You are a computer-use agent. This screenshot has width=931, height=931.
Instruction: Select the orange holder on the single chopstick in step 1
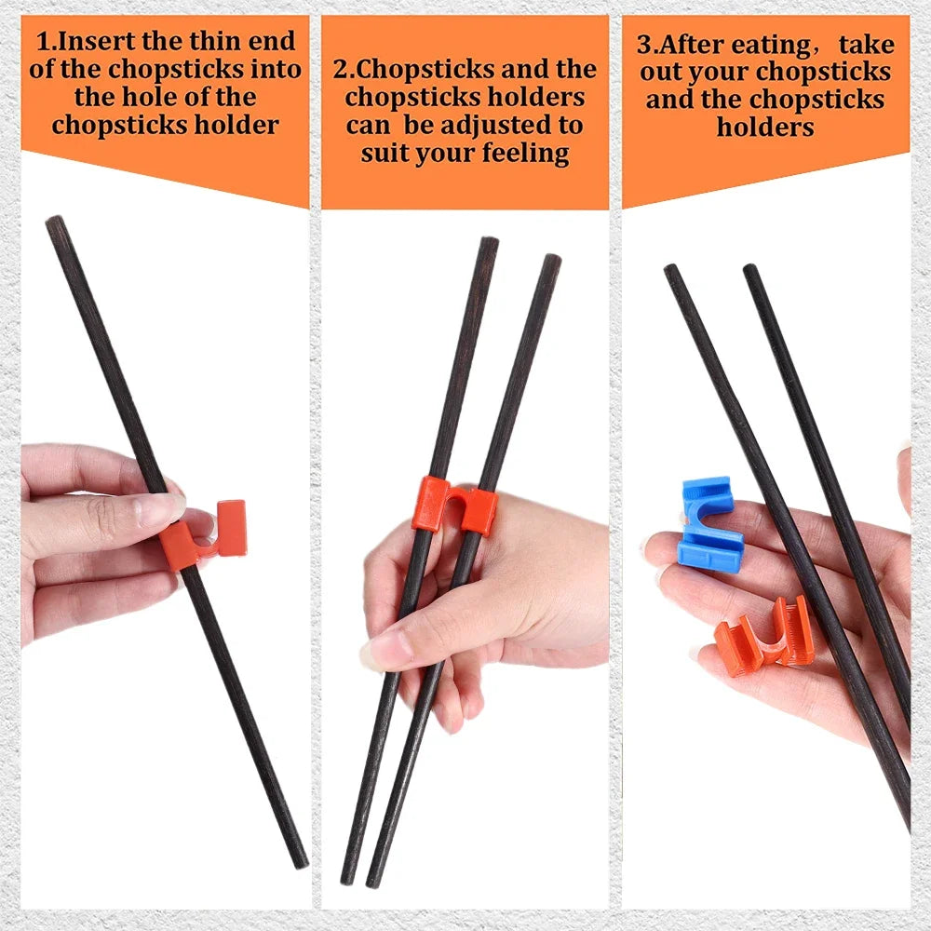pos(203,534)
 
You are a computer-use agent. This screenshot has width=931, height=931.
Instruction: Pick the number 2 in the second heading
pos(340,69)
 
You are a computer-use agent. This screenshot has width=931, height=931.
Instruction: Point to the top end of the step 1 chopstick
pos(55,223)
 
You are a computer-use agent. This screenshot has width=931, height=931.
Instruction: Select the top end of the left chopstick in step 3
pos(671,271)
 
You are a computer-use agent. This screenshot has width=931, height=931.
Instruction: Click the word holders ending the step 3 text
pos(765,127)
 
